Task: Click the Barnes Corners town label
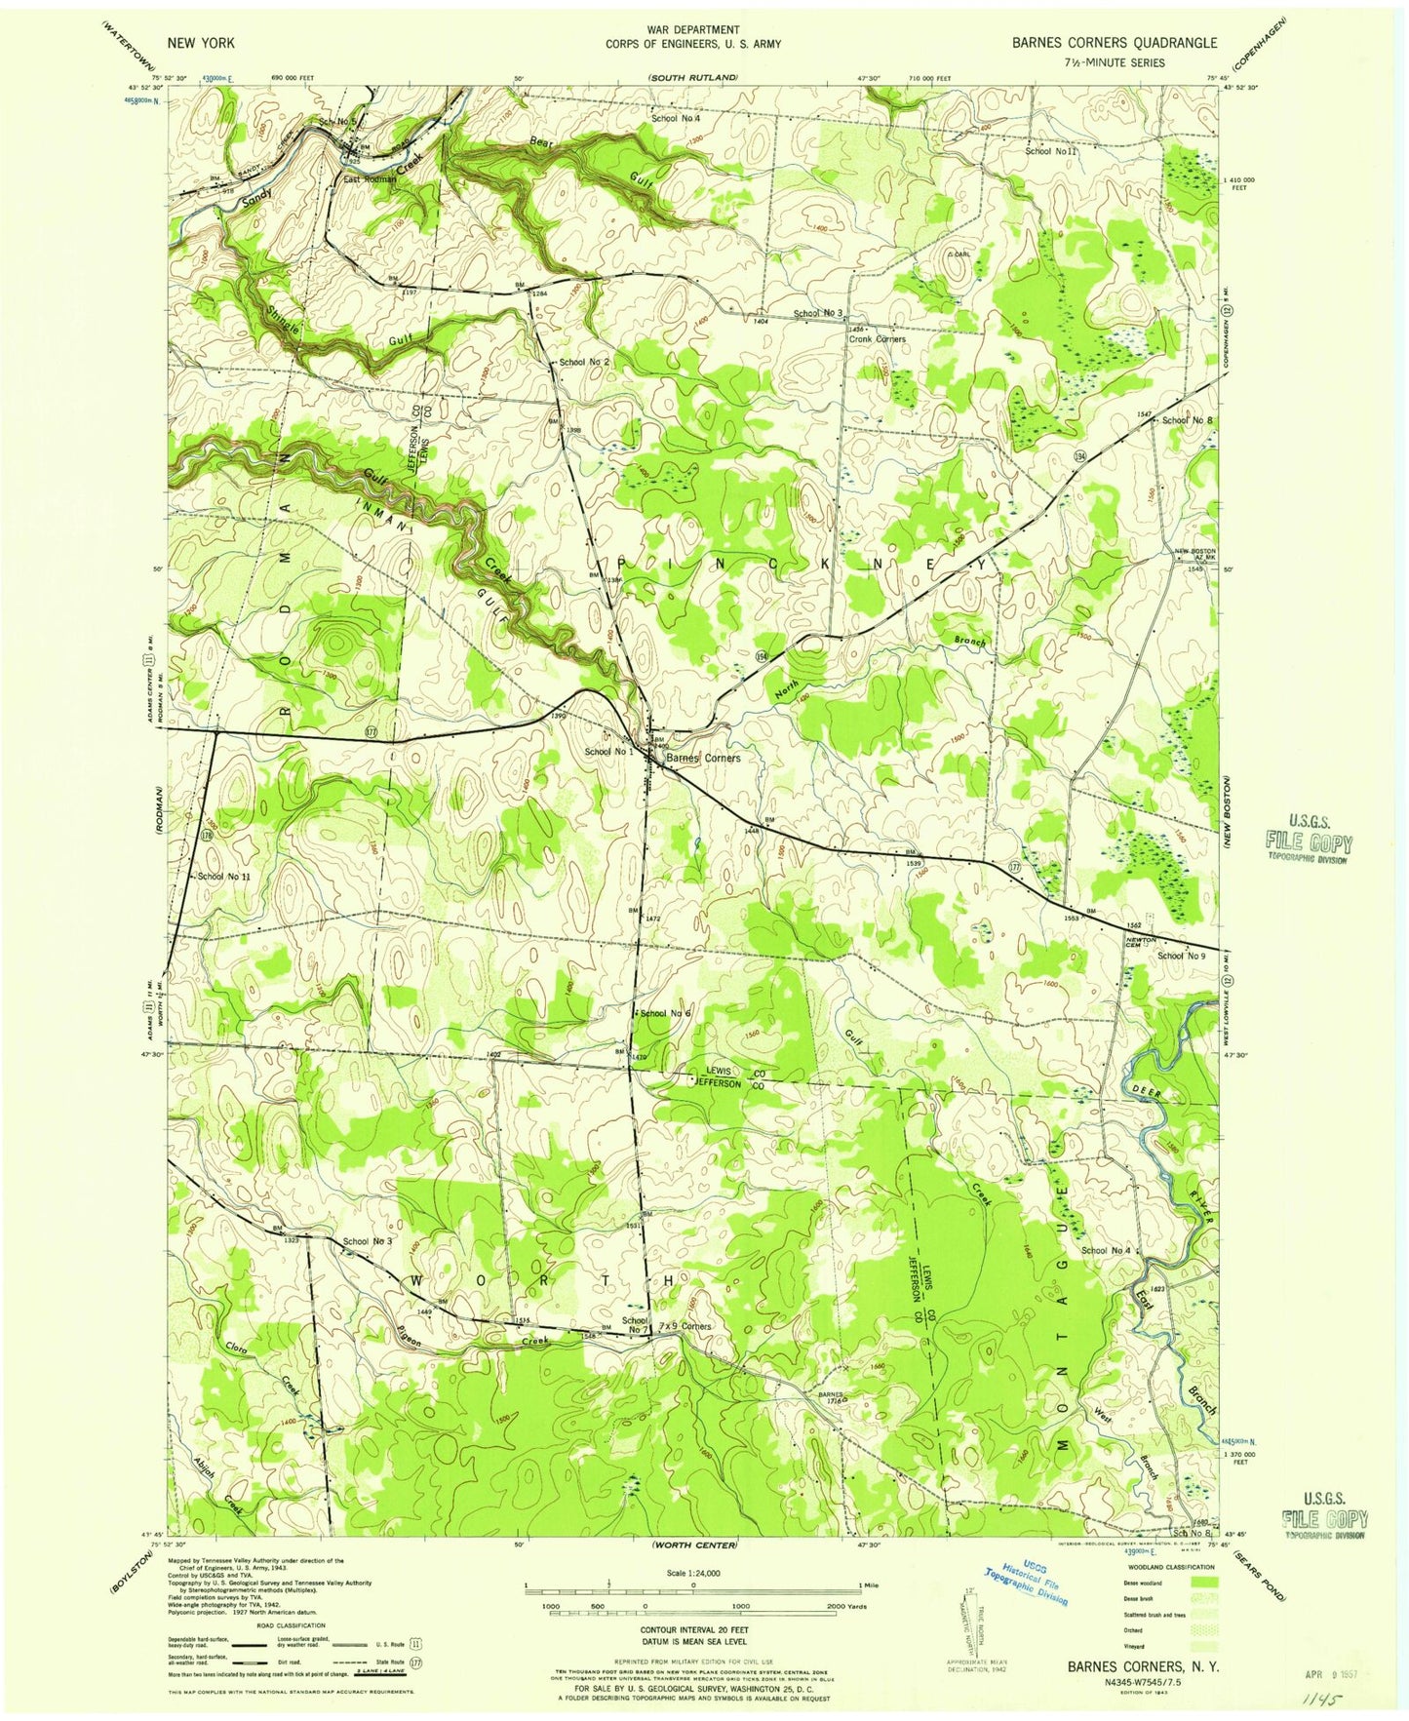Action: [x=702, y=758]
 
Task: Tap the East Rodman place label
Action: [x=369, y=179]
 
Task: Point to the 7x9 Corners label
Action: [x=685, y=1327]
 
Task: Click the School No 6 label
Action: [x=666, y=1014]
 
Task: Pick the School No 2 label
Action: [x=585, y=362]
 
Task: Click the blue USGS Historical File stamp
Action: [x=1024, y=1588]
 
